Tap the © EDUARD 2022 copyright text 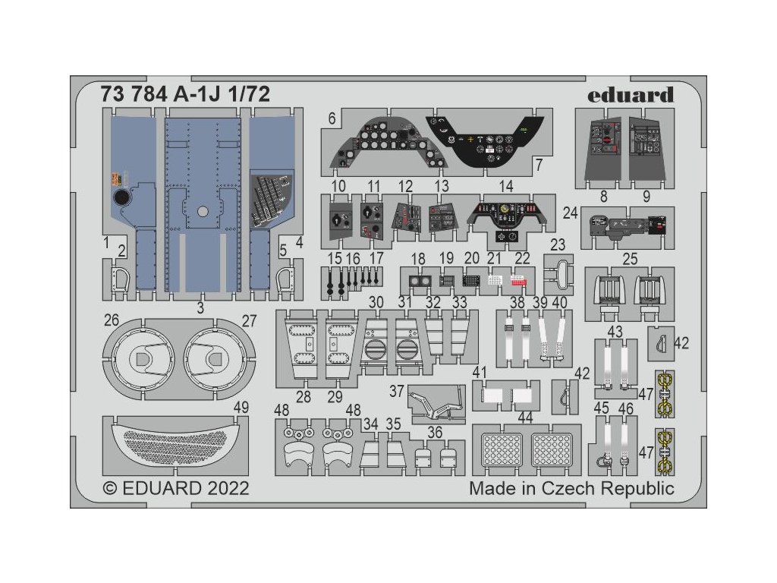pyautogui.click(x=175, y=488)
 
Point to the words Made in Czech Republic pyautogui.click(x=571, y=488)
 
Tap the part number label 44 pyautogui.click(x=525, y=418)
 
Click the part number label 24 pyautogui.click(x=570, y=213)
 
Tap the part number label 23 pyautogui.click(x=558, y=245)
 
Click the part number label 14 pyautogui.click(x=505, y=186)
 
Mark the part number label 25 pyautogui.click(x=629, y=260)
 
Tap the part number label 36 pyautogui.click(x=435, y=432)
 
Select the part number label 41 pyautogui.click(x=479, y=373)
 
